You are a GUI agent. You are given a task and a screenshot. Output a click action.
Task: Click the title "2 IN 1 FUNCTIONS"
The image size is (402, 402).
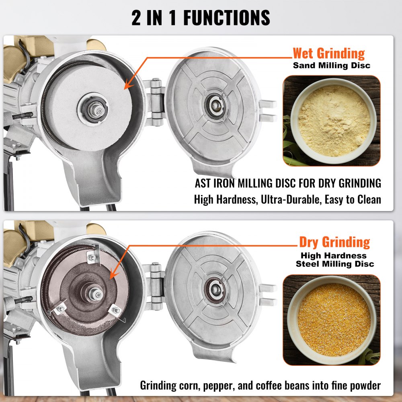tap(201, 18)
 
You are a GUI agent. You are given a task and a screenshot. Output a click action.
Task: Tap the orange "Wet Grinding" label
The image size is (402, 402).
tap(328, 53)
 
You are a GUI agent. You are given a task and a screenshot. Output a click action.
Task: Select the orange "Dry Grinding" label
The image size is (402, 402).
tap(334, 242)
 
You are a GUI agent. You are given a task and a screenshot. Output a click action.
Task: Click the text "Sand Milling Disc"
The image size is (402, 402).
tap(331, 65)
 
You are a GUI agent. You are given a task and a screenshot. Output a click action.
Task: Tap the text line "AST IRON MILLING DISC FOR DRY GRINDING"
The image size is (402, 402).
tap(288, 183)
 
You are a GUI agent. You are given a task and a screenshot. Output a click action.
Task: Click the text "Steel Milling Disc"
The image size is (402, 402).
tap(334, 264)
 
